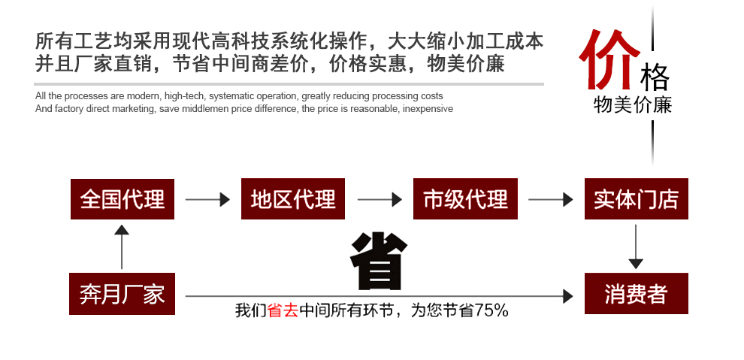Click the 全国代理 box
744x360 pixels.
pos(122,199)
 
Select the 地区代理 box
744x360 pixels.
pos(293,199)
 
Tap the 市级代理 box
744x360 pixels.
pos(465,199)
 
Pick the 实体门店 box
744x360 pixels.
pos(636,199)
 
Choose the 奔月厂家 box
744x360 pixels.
pos(122,293)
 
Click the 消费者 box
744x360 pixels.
pos(636,293)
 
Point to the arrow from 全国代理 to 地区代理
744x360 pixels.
pos(207,200)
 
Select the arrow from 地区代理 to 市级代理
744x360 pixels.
pos(379,200)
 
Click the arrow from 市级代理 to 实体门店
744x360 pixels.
pos(550,200)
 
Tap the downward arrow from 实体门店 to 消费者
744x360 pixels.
pos(636,246)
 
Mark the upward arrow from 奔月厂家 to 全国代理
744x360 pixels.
pos(122,247)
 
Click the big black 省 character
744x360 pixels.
pos(378,262)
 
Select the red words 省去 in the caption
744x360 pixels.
pos(283,310)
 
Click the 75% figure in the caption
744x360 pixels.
pos(491,310)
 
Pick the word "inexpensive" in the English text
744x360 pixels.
pos(428,108)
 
